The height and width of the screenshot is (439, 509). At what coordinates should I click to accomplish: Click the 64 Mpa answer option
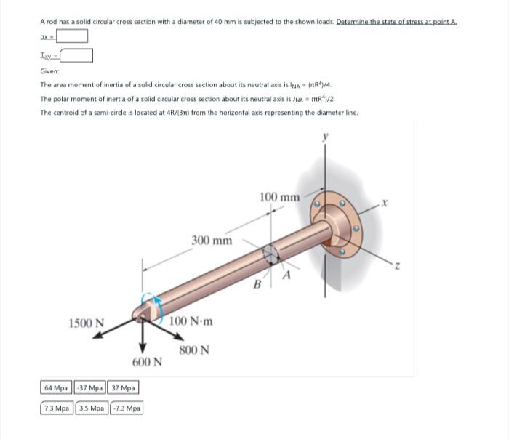[56, 388]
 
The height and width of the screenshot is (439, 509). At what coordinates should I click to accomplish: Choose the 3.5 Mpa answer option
[93, 408]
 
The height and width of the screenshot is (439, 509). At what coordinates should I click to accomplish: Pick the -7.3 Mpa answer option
[127, 408]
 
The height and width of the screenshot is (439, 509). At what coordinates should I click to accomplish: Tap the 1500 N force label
[86, 323]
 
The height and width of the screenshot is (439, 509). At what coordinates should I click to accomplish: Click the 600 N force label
[145, 362]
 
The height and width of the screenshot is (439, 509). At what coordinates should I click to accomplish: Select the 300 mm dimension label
[212, 241]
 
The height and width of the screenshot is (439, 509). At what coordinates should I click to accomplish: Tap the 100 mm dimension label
[278, 197]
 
